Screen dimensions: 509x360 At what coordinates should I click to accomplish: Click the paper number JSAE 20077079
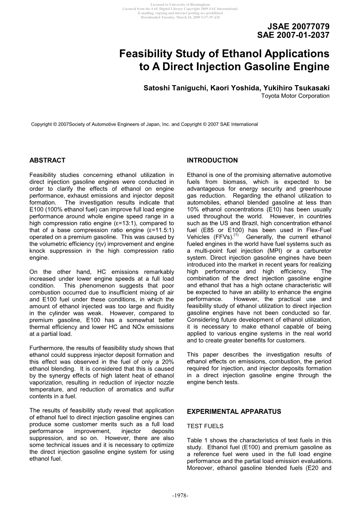coord(299,26)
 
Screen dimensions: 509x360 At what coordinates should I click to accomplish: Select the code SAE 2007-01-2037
coord(293,35)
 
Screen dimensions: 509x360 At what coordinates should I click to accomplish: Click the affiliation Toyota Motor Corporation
coord(295,96)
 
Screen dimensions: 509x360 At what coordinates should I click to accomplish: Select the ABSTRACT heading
coord(47,160)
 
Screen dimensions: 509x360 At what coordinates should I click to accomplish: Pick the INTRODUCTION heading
coord(212,160)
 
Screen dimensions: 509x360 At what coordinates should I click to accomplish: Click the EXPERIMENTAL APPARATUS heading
coord(234,411)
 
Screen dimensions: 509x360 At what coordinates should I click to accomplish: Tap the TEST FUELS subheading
coord(205,426)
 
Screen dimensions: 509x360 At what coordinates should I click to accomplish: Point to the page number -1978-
coord(180,495)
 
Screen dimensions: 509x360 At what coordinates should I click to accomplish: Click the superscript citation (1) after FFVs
coord(236,235)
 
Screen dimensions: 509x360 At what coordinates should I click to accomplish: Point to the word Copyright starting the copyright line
coord(42,124)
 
